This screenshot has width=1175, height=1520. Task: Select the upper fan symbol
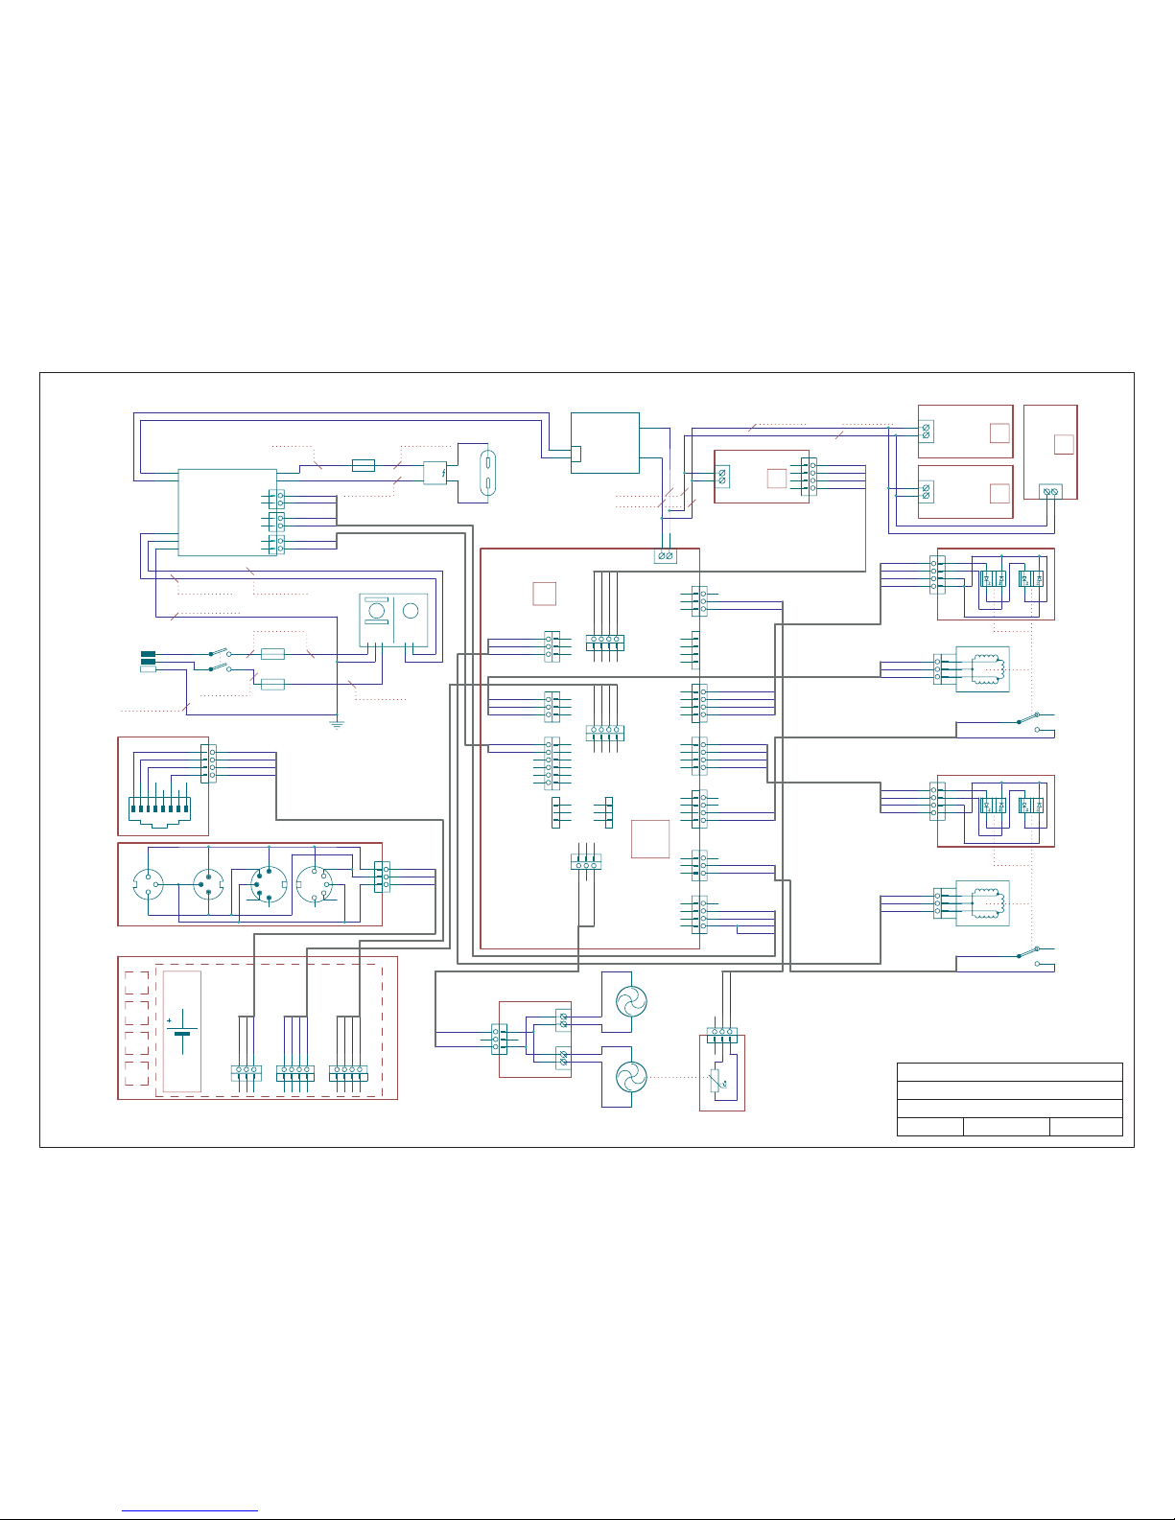(631, 1002)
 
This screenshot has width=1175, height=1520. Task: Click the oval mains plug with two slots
(487, 472)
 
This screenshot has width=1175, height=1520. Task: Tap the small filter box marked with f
(435, 472)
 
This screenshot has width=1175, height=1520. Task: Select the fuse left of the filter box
(363, 465)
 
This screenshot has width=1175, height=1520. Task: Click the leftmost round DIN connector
(148, 883)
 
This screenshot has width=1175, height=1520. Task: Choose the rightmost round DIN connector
(313, 883)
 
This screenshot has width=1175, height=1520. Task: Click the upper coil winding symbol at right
(986, 667)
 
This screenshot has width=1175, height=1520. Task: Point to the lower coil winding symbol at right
(986, 902)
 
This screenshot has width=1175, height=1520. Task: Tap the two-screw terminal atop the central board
(665, 556)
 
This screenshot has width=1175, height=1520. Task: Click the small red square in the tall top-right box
(1063, 444)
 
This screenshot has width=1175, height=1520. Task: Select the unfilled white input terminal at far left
(148, 668)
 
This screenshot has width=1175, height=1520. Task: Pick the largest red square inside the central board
(650, 839)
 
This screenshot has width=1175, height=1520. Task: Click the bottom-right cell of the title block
(1086, 1127)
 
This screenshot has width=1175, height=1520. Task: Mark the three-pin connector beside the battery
(247, 1073)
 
